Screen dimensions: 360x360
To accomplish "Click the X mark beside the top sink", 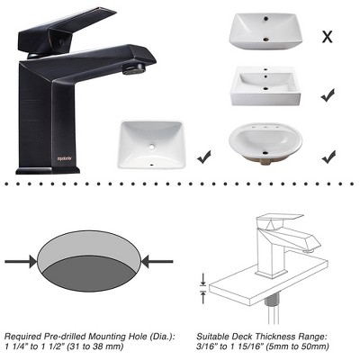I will [328, 37].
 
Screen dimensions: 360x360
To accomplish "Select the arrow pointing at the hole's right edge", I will [159, 262].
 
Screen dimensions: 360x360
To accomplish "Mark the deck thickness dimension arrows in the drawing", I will [204, 286].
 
